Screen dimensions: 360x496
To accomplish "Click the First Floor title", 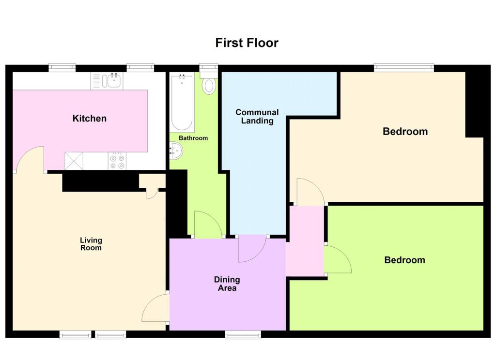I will tap(247, 43).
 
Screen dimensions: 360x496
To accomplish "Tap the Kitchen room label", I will tap(90, 119).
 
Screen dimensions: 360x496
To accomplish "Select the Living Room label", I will tap(91, 244).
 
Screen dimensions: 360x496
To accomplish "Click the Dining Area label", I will tap(227, 284).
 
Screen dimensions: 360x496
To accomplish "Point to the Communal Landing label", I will tap(257, 117).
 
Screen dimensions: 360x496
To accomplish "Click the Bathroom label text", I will tap(193, 138).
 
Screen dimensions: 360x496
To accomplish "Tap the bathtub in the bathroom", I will tap(182, 103).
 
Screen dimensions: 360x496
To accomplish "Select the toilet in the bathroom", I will tap(209, 84).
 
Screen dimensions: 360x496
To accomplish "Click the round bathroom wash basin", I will tap(176, 151).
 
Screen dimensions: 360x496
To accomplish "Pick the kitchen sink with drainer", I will tap(108, 81).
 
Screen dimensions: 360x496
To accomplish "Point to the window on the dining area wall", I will tap(243, 334).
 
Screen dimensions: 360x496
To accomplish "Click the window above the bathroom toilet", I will tap(208, 68).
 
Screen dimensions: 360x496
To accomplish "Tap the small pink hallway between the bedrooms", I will tap(305, 241).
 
